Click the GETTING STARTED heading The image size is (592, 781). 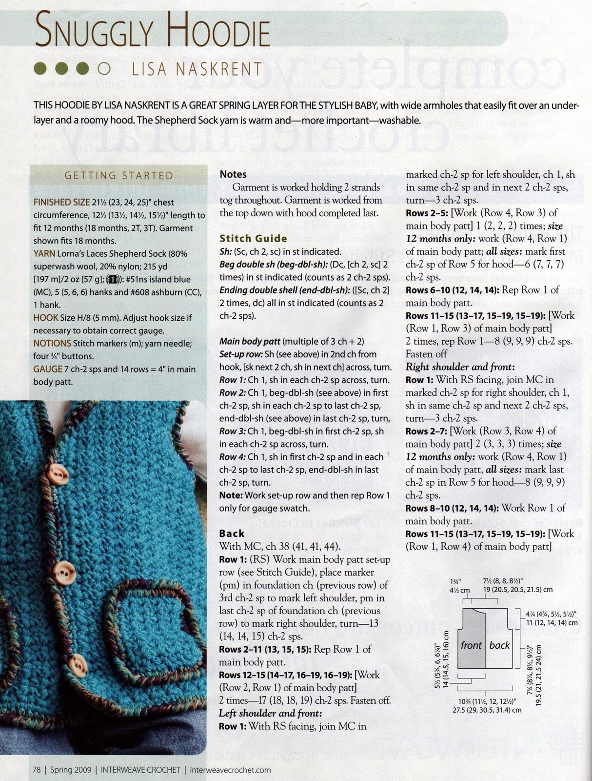point(119,176)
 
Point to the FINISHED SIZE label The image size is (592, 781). point(61,202)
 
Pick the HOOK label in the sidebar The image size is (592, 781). point(46,318)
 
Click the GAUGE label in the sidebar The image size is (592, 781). point(48,369)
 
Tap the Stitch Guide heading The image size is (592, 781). point(253,239)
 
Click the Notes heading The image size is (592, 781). point(233,174)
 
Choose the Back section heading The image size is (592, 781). point(232,534)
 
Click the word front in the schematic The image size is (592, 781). point(471,645)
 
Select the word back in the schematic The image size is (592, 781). point(499,645)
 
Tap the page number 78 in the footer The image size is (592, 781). point(37,770)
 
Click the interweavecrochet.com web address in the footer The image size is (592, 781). point(230,770)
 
